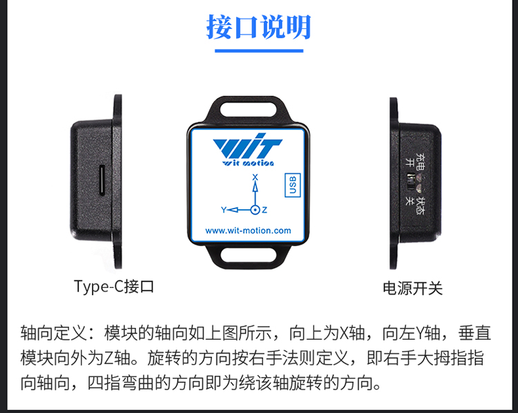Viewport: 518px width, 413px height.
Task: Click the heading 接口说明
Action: [x=259, y=27]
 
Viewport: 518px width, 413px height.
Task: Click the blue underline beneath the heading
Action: [x=259, y=51]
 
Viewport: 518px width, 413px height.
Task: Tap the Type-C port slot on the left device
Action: [x=102, y=181]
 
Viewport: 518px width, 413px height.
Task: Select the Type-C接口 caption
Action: [x=114, y=287]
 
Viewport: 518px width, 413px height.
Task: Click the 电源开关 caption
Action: [x=412, y=288]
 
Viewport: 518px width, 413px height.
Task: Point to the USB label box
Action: [x=292, y=185]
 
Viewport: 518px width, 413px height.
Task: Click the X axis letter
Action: [x=255, y=177]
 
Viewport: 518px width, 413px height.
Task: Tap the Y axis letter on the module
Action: [x=224, y=210]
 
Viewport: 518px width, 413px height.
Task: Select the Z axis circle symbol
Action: [x=255, y=210]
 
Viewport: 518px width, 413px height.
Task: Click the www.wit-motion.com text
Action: [x=248, y=231]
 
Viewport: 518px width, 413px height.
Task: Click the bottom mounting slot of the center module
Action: [x=248, y=255]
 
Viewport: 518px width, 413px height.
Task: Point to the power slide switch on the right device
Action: [x=411, y=182]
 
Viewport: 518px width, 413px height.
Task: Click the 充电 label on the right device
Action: [x=420, y=161]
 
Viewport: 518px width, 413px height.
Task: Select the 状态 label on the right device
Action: [x=420, y=206]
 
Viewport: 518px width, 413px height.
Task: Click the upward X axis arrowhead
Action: [x=255, y=186]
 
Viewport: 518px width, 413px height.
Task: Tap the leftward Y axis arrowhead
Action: [x=233, y=210]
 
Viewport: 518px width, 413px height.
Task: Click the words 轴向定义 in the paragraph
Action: [x=53, y=333]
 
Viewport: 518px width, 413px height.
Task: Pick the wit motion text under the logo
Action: [x=248, y=163]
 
